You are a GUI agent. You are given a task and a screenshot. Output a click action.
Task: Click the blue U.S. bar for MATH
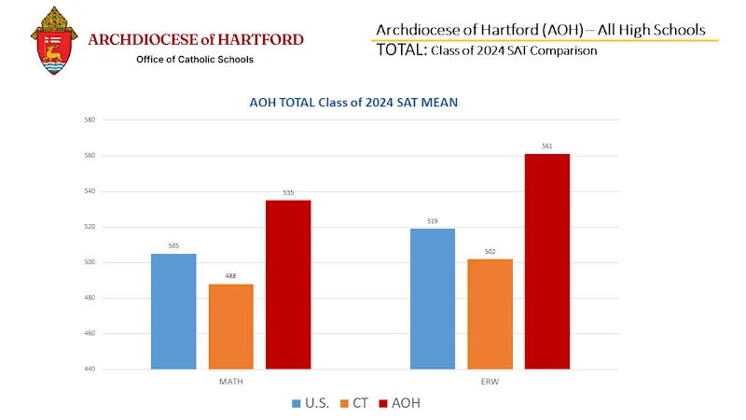coord(173,311)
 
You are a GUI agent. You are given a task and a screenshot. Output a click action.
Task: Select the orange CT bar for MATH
coord(231,326)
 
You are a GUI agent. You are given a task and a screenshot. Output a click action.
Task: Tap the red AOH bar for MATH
coord(288,285)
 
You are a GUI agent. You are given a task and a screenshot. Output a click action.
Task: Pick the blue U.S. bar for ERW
coord(433,299)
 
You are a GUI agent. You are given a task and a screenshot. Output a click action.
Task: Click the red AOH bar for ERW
coord(547,261)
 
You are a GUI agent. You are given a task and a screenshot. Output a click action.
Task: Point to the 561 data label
coord(547,147)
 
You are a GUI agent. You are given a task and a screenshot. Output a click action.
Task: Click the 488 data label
coord(231,276)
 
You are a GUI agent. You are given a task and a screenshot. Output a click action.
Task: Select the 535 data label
coord(288,193)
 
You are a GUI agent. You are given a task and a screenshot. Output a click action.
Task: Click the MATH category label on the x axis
coord(231,383)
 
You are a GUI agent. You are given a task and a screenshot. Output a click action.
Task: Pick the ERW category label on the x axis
coord(490,383)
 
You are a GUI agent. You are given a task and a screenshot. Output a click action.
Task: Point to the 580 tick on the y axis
coord(90,120)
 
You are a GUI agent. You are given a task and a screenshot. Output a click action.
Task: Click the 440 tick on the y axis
coord(90,370)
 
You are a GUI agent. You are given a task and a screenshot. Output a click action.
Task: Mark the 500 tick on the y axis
coord(90,263)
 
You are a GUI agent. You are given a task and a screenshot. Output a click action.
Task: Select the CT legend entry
coord(355,403)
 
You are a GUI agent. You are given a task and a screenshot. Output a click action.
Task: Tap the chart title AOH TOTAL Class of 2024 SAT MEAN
coord(359,103)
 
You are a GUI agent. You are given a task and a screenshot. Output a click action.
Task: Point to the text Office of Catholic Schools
coord(195,60)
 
